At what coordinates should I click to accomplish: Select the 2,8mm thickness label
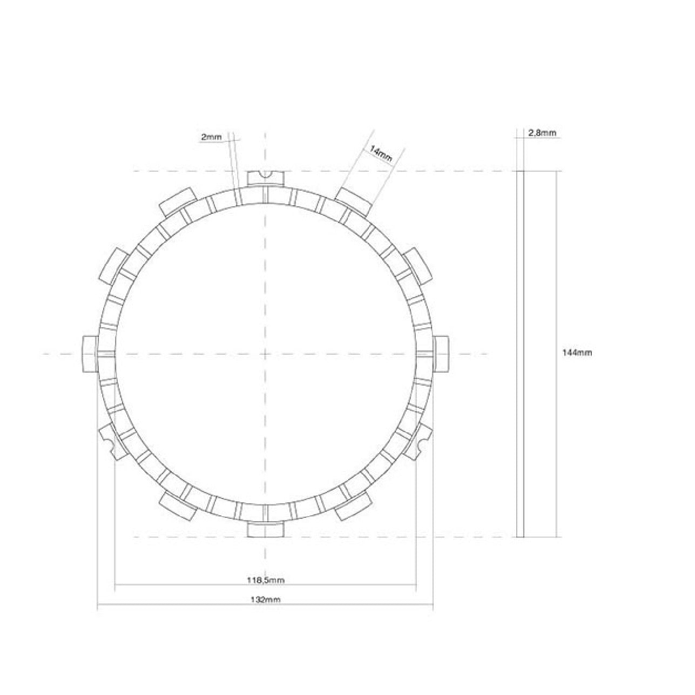(542, 133)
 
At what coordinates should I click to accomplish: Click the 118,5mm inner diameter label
(266, 581)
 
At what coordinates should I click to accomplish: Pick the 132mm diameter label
(266, 600)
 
